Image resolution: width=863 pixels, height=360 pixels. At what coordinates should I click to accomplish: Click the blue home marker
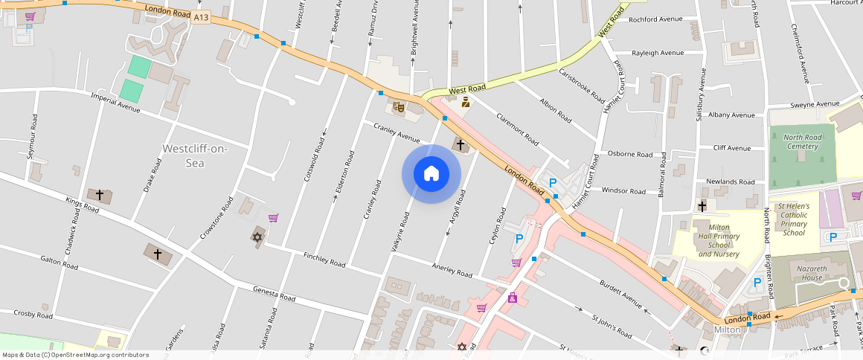coord(431,174)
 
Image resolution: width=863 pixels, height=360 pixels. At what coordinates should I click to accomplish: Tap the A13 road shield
coord(200,18)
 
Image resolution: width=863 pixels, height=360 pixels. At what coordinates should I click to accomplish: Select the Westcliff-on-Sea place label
coord(195,155)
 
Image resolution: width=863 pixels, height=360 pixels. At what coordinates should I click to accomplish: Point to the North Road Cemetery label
coord(801,141)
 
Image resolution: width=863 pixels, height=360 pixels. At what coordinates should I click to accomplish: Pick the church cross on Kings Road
coord(100,196)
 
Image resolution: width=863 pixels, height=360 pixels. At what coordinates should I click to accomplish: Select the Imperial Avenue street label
coord(115,103)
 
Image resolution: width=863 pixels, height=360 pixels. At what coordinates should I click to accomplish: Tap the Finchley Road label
coord(324,260)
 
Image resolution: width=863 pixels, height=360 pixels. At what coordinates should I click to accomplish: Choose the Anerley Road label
coord(452,269)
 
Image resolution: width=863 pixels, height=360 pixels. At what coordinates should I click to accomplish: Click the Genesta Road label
coord(273,295)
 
